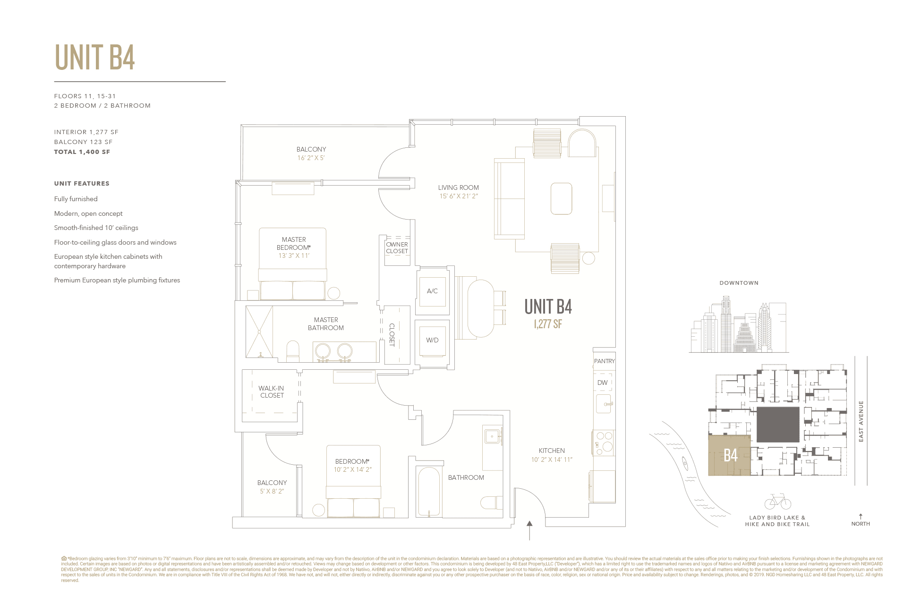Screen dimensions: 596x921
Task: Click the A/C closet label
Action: click(432, 291)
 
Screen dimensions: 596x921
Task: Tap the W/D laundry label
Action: click(432, 340)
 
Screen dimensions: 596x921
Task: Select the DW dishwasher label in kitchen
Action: click(602, 383)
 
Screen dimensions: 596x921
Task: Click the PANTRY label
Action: click(604, 361)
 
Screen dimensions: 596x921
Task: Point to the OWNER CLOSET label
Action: click(397, 248)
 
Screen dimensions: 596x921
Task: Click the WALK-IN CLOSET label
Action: click(272, 392)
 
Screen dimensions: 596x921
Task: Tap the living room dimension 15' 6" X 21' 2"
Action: click(459, 196)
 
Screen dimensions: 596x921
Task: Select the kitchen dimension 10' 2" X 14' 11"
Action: click(552, 460)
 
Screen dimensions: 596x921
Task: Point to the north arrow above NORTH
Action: click(861, 516)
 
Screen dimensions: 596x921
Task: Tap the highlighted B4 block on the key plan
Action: click(730, 455)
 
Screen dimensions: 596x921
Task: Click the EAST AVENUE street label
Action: click(861, 421)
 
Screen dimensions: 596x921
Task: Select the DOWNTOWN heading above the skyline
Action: click(739, 283)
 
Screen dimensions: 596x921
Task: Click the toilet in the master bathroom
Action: click(293, 351)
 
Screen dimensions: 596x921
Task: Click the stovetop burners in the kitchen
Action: click(604, 443)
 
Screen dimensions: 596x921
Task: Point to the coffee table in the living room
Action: click(561, 198)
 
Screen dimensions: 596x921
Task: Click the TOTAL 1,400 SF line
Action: click(82, 152)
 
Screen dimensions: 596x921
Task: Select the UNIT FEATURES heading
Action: click(82, 183)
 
